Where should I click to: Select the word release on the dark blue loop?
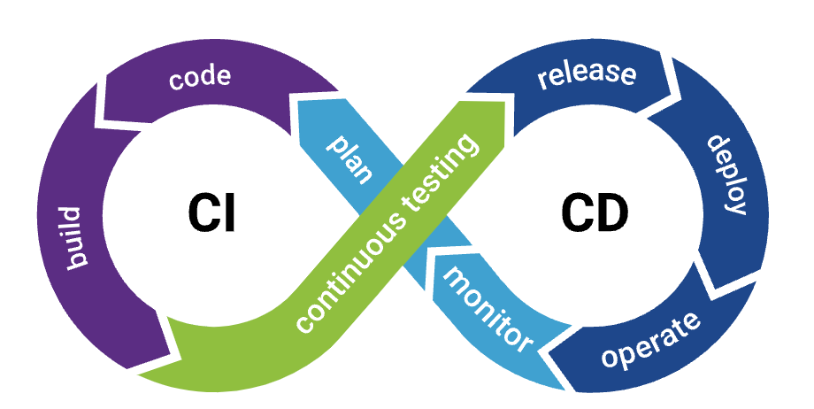587,75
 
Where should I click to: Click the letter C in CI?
201,214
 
